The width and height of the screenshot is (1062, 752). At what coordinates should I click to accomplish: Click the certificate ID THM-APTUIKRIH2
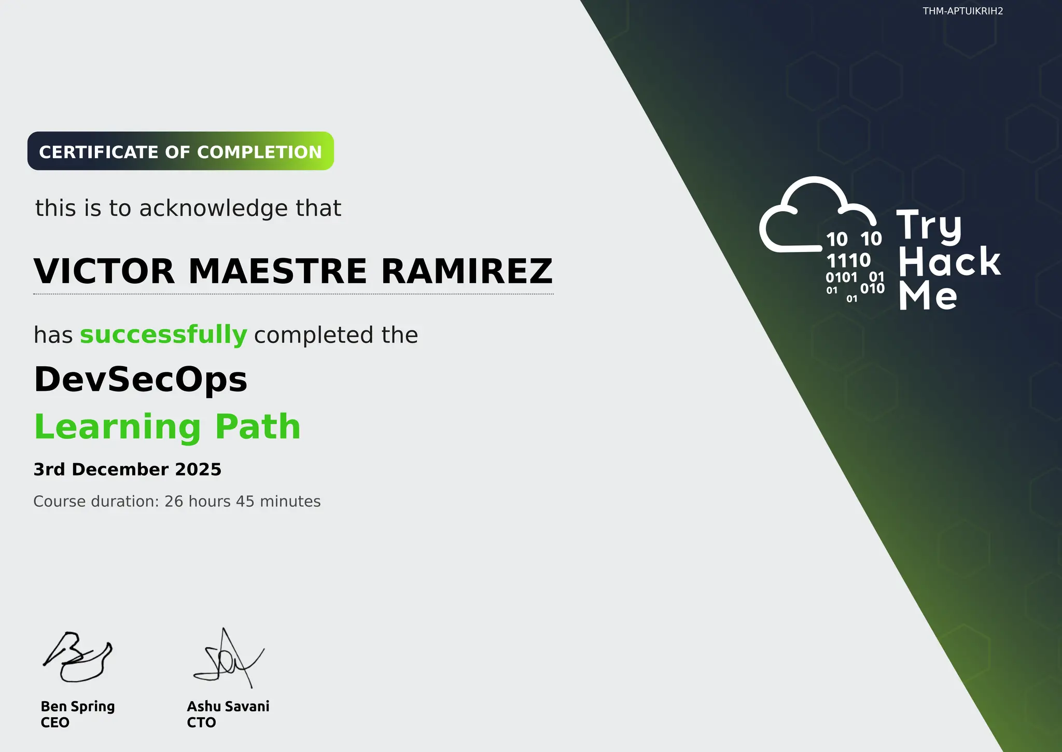[x=962, y=11]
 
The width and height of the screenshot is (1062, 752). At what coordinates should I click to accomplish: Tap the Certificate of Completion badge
[x=180, y=151]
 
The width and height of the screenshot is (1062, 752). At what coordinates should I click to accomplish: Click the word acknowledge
[x=214, y=208]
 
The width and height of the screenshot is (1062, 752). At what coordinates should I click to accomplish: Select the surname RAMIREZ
[x=467, y=271]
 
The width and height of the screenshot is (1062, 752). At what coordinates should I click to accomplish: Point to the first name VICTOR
[x=104, y=271]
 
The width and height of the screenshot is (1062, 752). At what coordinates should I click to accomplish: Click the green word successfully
[x=163, y=335]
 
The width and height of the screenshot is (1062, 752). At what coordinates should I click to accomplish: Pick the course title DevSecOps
[x=141, y=379]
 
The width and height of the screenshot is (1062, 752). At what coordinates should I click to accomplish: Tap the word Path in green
[x=258, y=427]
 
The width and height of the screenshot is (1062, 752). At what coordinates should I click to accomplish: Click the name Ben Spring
[x=78, y=706]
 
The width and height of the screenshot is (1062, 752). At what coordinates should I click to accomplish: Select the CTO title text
[x=201, y=722]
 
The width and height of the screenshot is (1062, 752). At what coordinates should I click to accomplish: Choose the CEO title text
[x=55, y=722]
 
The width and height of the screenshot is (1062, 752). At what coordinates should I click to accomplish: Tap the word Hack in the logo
[x=949, y=262]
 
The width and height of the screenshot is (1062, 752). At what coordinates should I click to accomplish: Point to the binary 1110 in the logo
[x=848, y=260]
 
